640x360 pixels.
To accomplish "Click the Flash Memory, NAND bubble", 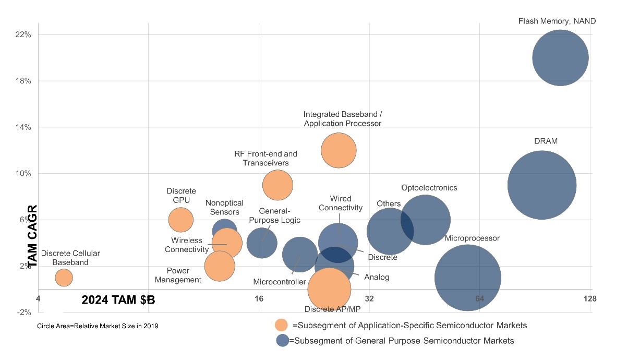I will click(x=560, y=58).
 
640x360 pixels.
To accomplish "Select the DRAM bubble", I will click(x=541, y=185).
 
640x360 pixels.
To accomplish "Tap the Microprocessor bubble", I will click(x=468, y=278).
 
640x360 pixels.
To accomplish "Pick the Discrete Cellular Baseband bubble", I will click(x=64, y=277).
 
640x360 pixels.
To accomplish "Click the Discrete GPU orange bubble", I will click(x=181, y=220).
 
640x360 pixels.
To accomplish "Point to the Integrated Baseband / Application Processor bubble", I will click(x=339, y=150).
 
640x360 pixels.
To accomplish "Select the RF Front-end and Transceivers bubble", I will click(x=277, y=185).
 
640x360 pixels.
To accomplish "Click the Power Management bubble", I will click(x=220, y=266).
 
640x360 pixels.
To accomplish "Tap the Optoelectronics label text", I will click(x=429, y=188).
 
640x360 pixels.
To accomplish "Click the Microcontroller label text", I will click(x=279, y=282).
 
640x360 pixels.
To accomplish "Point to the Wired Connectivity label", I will click(x=341, y=203).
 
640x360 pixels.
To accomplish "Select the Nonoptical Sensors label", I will click(x=222, y=208).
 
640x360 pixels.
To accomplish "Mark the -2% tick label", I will click(x=25, y=312).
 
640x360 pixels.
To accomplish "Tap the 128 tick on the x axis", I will click(x=590, y=299).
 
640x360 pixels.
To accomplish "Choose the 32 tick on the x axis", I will click(x=369, y=299).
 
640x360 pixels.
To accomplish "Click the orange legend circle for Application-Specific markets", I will click(x=282, y=325).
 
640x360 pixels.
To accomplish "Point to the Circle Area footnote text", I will click(x=98, y=326).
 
